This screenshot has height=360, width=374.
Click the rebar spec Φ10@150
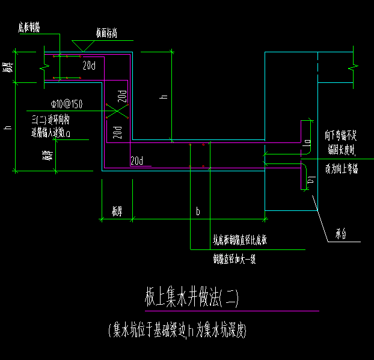tap(67, 104)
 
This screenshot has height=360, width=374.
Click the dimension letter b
tap(197, 211)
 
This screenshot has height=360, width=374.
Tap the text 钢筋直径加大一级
tap(235, 260)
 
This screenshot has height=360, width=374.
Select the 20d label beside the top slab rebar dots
tap(90, 65)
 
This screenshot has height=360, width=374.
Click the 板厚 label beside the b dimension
tap(117, 211)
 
